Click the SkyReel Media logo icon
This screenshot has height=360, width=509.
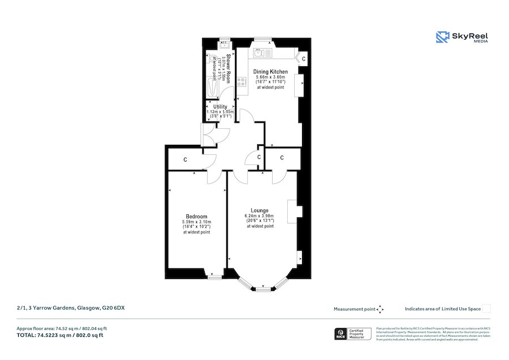pos(442,37)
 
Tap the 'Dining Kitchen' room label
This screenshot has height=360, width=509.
pos(270,72)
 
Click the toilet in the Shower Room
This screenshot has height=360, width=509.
pos(213,59)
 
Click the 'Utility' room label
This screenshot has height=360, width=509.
pos(220,106)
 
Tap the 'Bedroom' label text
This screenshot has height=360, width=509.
pos(196,216)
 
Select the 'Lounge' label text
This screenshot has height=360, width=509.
pos(260,211)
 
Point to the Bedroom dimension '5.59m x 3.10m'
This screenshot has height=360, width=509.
pos(196,222)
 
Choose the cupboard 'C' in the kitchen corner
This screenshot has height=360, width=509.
pos(303,58)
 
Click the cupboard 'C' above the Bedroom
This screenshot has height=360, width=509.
pos(185,161)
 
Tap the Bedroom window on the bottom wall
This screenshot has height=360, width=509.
pos(214,277)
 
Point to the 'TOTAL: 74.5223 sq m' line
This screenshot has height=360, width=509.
pos(61,335)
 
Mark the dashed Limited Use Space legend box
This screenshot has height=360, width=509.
pos(486,309)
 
